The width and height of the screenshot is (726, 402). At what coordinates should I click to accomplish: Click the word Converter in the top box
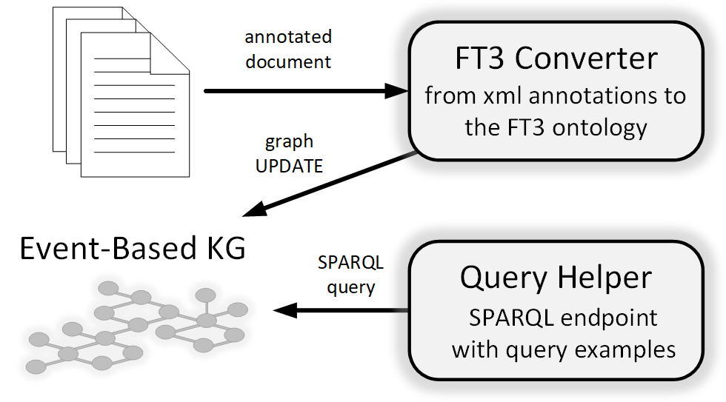tap(586, 58)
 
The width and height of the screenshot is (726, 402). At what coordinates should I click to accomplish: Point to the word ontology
tap(599, 128)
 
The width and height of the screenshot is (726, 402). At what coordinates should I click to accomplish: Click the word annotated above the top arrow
tap(288, 36)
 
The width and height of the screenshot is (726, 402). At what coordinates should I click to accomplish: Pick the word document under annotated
tap(288, 61)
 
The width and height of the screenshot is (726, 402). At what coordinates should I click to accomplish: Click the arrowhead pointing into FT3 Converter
tap(397, 90)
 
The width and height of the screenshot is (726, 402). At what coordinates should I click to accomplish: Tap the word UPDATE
tap(289, 166)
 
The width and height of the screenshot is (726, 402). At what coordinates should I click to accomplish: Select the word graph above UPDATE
tap(289, 141)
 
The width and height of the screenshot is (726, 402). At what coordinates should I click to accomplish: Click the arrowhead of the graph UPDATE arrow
tap(255, 210)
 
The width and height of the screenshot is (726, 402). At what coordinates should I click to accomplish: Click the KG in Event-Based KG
tap(226, 248)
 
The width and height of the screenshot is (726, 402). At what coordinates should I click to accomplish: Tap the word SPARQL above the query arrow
tap(350, 263)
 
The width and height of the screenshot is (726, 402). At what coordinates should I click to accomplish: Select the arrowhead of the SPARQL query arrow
tap(284, 310)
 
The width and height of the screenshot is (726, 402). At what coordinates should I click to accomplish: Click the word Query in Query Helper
tap(504, 278)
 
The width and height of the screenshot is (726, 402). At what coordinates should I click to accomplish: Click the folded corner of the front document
tap(170, 53)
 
